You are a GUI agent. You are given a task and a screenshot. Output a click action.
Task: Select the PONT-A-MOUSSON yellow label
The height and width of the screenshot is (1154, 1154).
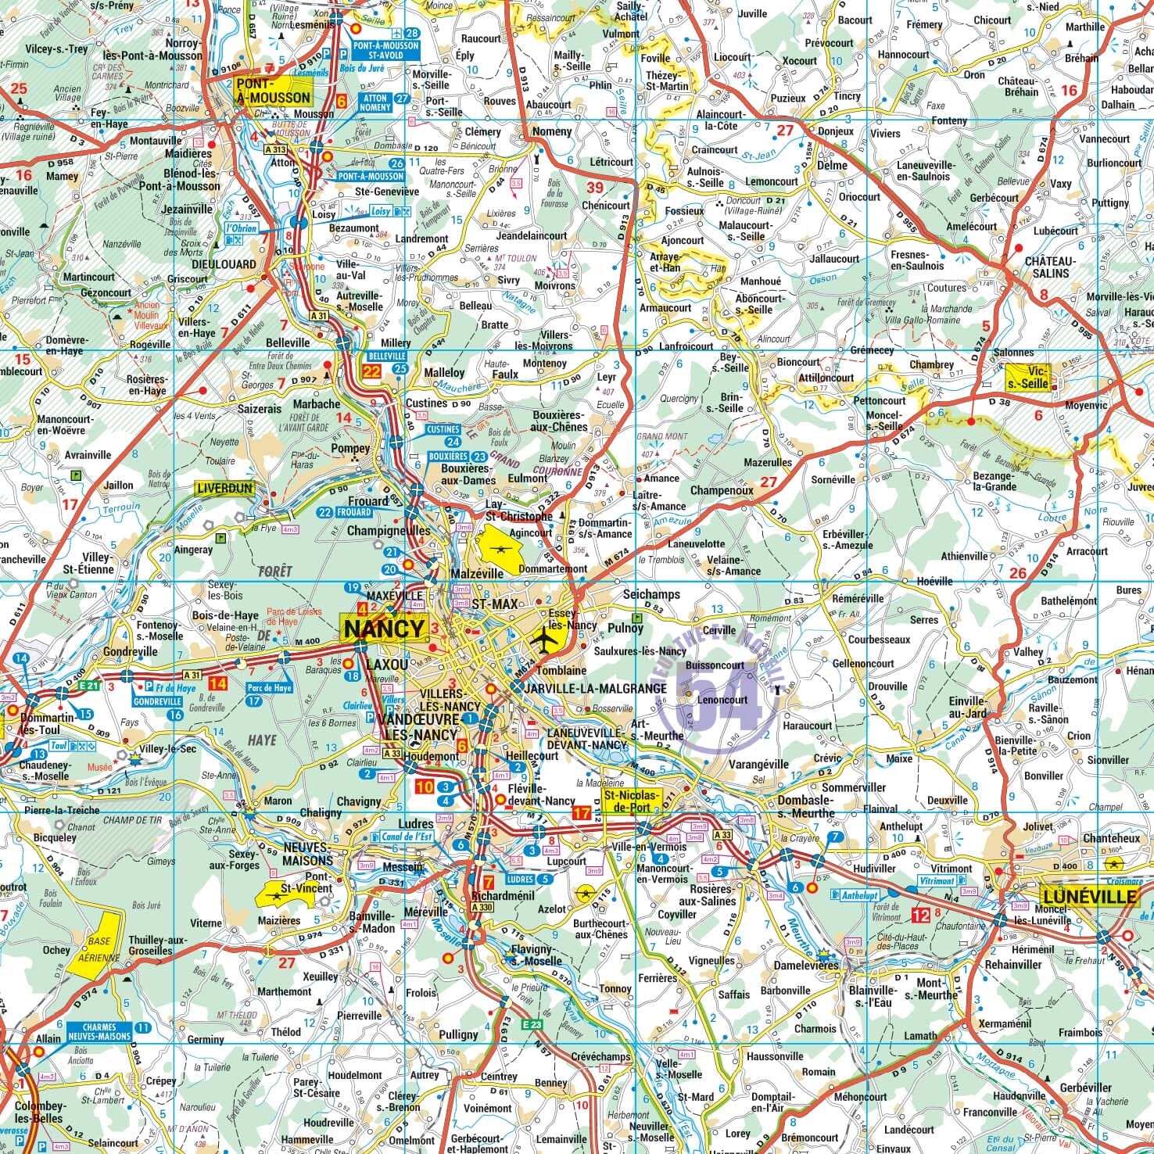pos(273,91)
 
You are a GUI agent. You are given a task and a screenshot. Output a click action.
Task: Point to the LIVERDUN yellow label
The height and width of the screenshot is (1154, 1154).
pos(224,489)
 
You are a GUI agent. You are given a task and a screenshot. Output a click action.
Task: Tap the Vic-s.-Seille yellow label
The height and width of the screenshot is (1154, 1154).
pos(1027,378)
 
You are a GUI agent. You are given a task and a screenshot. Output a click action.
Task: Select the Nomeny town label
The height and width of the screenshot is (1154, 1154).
pos(551,131)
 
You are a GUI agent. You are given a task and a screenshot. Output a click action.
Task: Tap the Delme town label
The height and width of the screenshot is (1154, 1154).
pos(831,166)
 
